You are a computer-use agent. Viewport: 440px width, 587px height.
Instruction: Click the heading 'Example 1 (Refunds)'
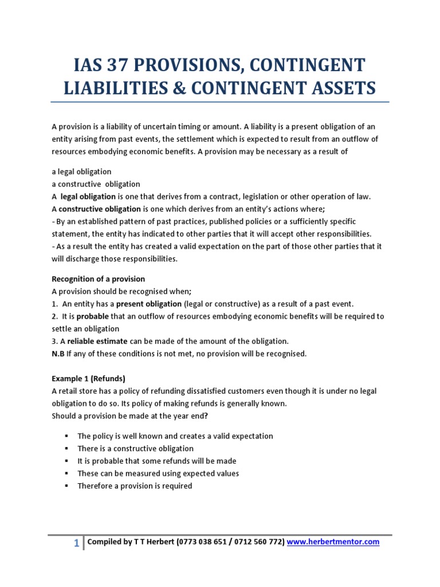(x=88, y=379)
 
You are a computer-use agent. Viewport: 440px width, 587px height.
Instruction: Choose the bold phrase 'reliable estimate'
(x=100, y=342)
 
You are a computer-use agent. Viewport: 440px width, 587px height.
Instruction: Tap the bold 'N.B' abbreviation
(x=58, y=354)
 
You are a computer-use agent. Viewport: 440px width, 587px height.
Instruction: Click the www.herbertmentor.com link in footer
(x=333, y=542)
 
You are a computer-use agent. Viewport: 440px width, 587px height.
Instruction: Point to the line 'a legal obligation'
(x=81, y=171)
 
